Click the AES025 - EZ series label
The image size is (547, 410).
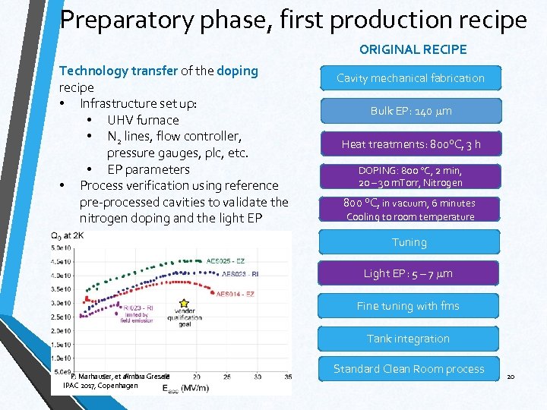225,260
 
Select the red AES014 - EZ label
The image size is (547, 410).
235,293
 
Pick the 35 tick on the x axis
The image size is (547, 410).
258,377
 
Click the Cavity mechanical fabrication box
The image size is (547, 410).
410,78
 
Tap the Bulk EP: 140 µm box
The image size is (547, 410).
410,111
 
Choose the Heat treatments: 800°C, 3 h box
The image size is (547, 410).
410,143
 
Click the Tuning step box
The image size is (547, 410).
409,242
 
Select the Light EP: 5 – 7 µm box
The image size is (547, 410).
409,273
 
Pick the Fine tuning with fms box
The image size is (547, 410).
409,306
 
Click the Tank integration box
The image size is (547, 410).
409,339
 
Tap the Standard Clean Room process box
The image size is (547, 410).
409,369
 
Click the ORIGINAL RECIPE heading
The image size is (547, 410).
413,49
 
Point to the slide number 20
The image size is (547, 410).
511,377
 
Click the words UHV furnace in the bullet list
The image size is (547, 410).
143,120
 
